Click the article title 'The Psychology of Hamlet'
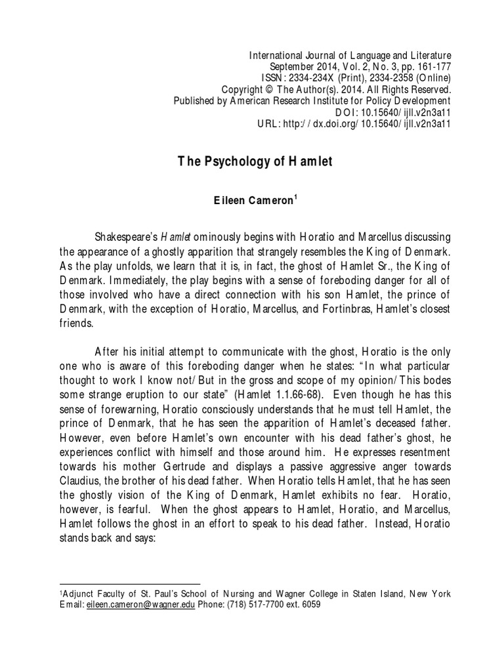(256, 162)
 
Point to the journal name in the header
(350, 55)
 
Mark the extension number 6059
(310, 606)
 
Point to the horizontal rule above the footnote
(130, 583)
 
